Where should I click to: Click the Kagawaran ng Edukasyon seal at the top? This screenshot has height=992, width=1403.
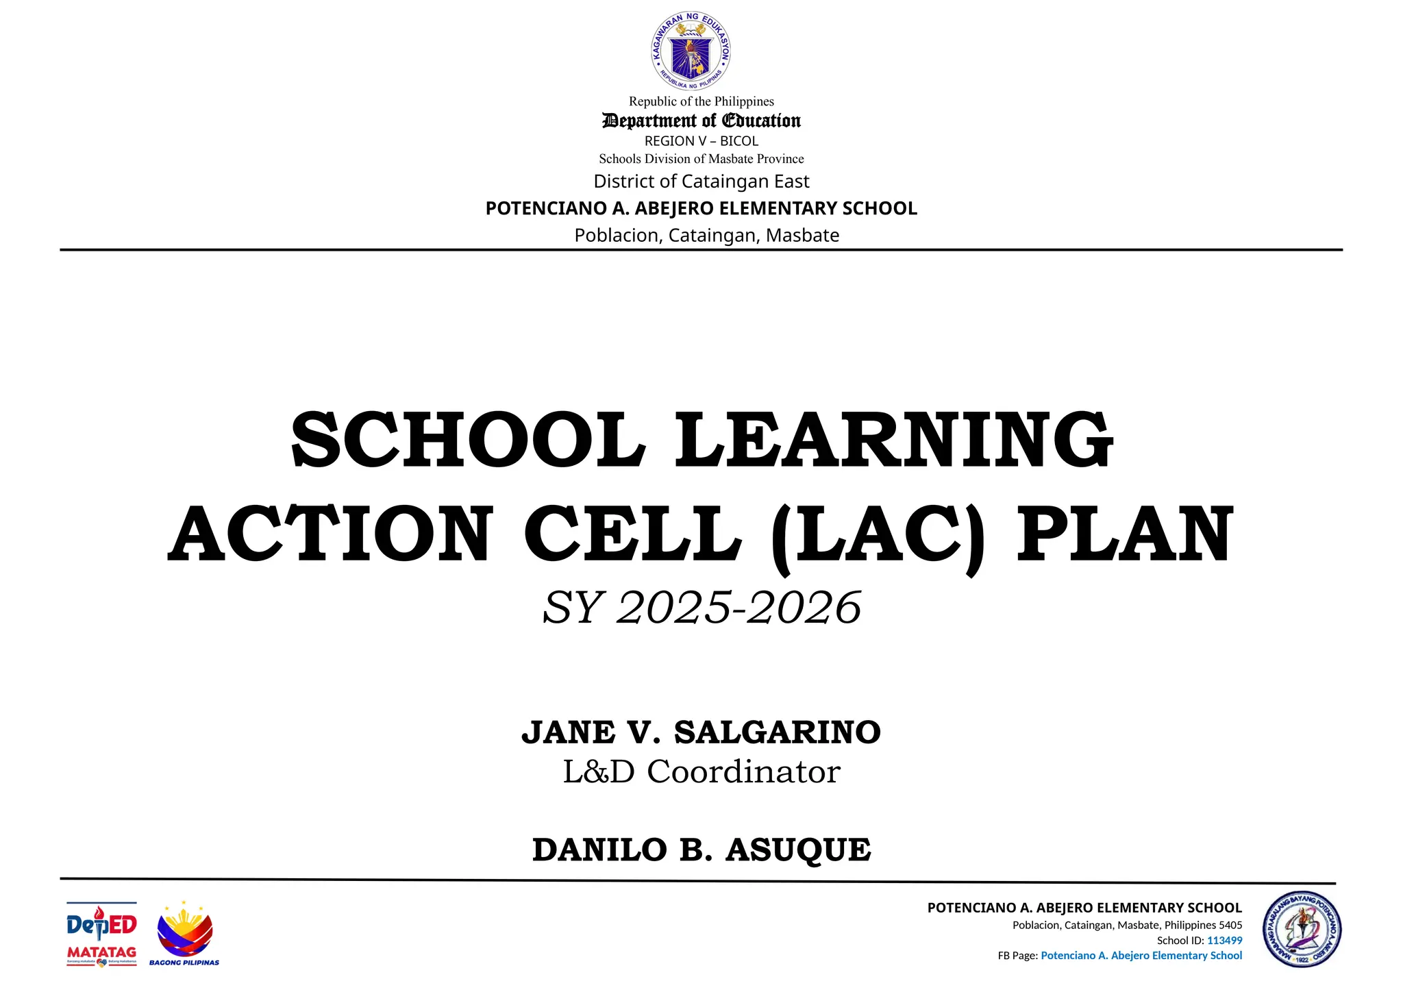(x=691, y=51)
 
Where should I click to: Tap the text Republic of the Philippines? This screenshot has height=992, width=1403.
(x=701, y=101)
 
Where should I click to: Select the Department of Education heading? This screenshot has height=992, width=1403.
(x=701, y=121)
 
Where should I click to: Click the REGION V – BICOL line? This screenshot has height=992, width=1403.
(x=701, y=141)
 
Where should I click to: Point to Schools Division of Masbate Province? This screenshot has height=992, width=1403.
(x=701, y=159)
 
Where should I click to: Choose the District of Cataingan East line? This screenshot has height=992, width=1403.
(x=701, y=182)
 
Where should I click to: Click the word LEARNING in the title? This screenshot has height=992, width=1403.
(x=894, y=439)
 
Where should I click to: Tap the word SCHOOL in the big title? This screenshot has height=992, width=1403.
(x=468, y=439)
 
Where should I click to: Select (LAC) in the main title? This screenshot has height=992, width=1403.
(x=878, y=535)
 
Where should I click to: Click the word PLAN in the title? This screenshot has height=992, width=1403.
(x=1124, y=535)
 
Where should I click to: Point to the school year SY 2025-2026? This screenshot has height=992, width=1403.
(x=701, y=607)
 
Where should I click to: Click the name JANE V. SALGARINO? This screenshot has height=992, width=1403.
(x=701, y=732)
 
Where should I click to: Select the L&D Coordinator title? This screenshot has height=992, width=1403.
(x=701, y=772)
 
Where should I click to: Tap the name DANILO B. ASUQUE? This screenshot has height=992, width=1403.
(x=701, y=850)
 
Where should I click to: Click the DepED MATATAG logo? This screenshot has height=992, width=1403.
(x=101, y=934)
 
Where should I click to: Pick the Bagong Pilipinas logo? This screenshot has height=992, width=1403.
(x=184, y=934)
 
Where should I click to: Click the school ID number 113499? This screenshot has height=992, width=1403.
(x=1224, y=941)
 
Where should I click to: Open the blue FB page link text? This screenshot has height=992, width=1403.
(x=1141, y=956)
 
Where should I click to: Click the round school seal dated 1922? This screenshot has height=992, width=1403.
(x=1302, y=930)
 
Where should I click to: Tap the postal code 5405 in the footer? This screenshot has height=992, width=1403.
(x=1230, y=925)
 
